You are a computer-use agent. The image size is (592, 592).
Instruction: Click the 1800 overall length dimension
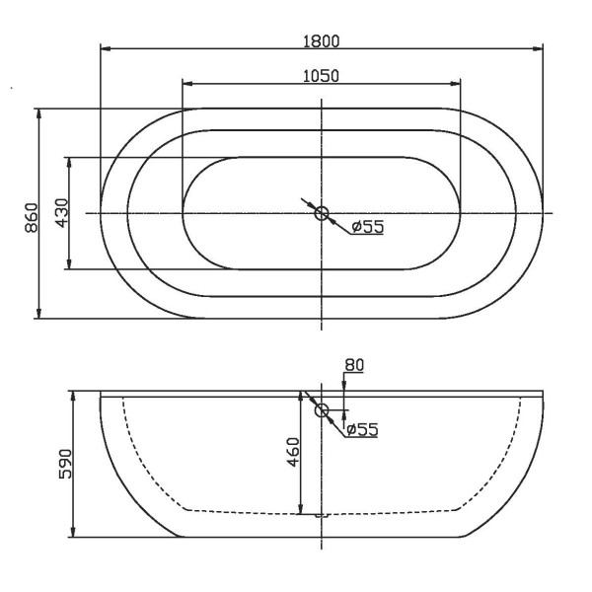point(322,40)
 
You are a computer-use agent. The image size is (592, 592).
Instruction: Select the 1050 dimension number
point(322,76)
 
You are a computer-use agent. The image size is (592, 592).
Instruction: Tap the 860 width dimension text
point(31,214)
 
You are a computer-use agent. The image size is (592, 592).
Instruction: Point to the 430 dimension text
point(60,213)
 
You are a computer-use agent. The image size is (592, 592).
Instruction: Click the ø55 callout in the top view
point(367,227)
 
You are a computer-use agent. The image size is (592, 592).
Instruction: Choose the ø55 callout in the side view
point(361,429)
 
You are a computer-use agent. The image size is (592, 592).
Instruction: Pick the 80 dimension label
point(354,365)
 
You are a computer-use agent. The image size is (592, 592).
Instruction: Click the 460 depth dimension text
point(293,453)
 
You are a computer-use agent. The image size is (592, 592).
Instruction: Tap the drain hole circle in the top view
point(322,213)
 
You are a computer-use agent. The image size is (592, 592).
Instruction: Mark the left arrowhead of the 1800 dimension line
point(106,48)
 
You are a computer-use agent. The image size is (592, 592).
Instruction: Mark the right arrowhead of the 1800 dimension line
point(539,48)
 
